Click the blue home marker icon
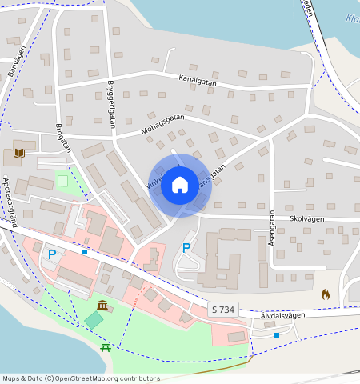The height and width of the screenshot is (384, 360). (x=180, y=186)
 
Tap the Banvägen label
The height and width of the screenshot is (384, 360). (x=17, y=61)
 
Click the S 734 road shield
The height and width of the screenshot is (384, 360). (x=225, y=310)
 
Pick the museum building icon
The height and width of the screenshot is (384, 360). (x=103, y=305)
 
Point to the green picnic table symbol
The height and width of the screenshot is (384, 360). (x=106, y=347)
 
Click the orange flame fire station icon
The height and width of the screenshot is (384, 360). (x=326, y=294)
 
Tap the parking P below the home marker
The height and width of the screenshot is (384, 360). (x=186, y=248)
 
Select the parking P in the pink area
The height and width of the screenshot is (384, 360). (x=52, y=254)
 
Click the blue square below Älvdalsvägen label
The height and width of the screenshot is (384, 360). (x=277, y=334)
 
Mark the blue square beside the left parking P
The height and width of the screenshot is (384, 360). (x=84, y=252)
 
